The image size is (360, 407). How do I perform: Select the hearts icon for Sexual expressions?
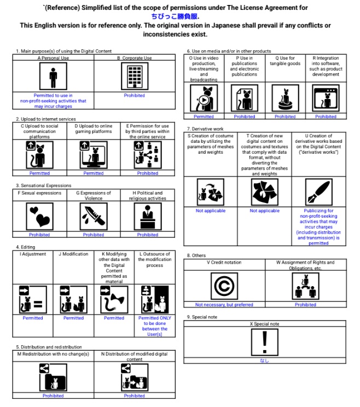pos(39,217)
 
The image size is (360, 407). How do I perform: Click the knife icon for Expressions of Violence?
pos(94,217)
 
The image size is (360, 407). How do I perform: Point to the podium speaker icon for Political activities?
pos(147,217)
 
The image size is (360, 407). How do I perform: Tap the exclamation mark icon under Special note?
pos(265,341)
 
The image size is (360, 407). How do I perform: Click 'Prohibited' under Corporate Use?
pos(134,95)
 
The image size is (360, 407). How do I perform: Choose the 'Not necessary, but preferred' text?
pos(224,305)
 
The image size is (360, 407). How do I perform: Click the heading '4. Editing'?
pos(26,247)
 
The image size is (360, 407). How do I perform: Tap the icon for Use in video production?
pos(204,99)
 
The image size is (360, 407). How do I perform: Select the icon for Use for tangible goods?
pos(284,99)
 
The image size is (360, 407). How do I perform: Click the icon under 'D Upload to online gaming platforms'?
pos(94,155)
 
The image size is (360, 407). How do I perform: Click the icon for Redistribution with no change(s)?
pos(53,376)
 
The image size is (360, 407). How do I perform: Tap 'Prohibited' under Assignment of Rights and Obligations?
pos(305,305)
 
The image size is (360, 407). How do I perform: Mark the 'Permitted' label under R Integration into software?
pos(326,117)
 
